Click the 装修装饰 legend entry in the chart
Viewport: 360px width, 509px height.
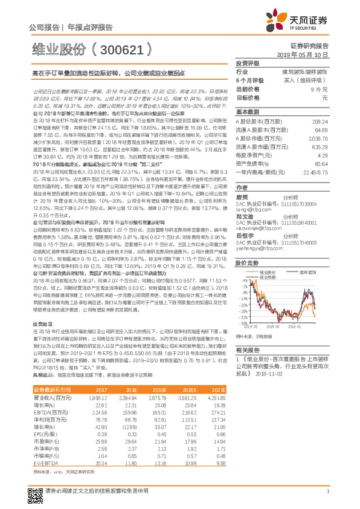coord(309,273)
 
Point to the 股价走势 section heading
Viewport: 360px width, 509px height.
coord(246,264)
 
